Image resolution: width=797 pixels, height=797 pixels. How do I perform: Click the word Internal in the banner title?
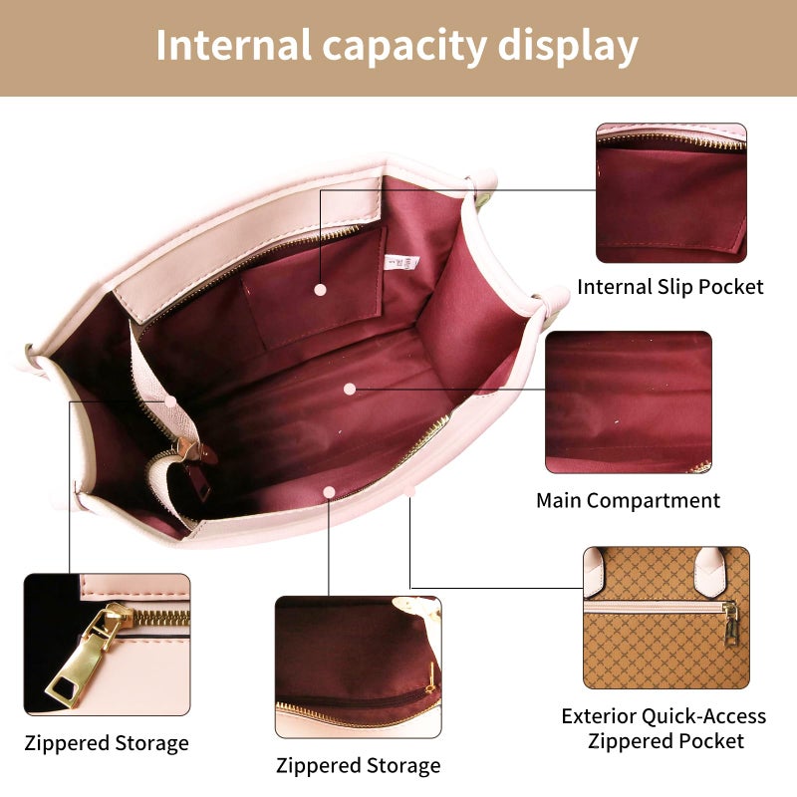click(x=233, y=45)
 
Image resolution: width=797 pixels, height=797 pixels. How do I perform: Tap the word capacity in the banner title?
click(x=404, y=48)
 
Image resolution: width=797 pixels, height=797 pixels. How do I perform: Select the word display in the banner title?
click(x=568, y=47)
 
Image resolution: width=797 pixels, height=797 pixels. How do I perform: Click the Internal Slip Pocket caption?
click(x=670, y=287)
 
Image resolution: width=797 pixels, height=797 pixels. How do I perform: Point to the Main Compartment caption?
click(x=629, y=501)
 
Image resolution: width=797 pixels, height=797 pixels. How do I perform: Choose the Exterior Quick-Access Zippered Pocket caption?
click(x=664, y=728)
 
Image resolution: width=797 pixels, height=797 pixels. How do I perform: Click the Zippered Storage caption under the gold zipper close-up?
click(x=107, y=743)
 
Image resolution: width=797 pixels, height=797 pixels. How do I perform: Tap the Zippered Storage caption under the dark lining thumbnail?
click(x=359, y=765)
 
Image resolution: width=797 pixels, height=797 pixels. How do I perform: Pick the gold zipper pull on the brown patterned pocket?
click(x=730, y=624)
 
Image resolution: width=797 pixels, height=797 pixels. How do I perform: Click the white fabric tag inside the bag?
click(x=402, y=262)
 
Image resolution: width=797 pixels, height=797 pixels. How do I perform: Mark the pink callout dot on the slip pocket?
click(x=320, y=290)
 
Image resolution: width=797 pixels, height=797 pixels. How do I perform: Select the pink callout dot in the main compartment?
click(x=350, y=390)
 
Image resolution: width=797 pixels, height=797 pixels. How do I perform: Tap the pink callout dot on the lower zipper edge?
click(x=329, y=492)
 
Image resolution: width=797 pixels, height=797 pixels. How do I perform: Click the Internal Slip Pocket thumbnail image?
click(x=670, y=192)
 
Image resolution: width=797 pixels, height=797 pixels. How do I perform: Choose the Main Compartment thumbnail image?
click(x=629, y=402)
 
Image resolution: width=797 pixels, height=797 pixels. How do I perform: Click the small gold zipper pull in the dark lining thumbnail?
click(x=431, y=678)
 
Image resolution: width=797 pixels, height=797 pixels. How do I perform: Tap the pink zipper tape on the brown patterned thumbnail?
click(x=655, y=607)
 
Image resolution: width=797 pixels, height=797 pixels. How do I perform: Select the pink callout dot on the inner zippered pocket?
click(x=170, y=401)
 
